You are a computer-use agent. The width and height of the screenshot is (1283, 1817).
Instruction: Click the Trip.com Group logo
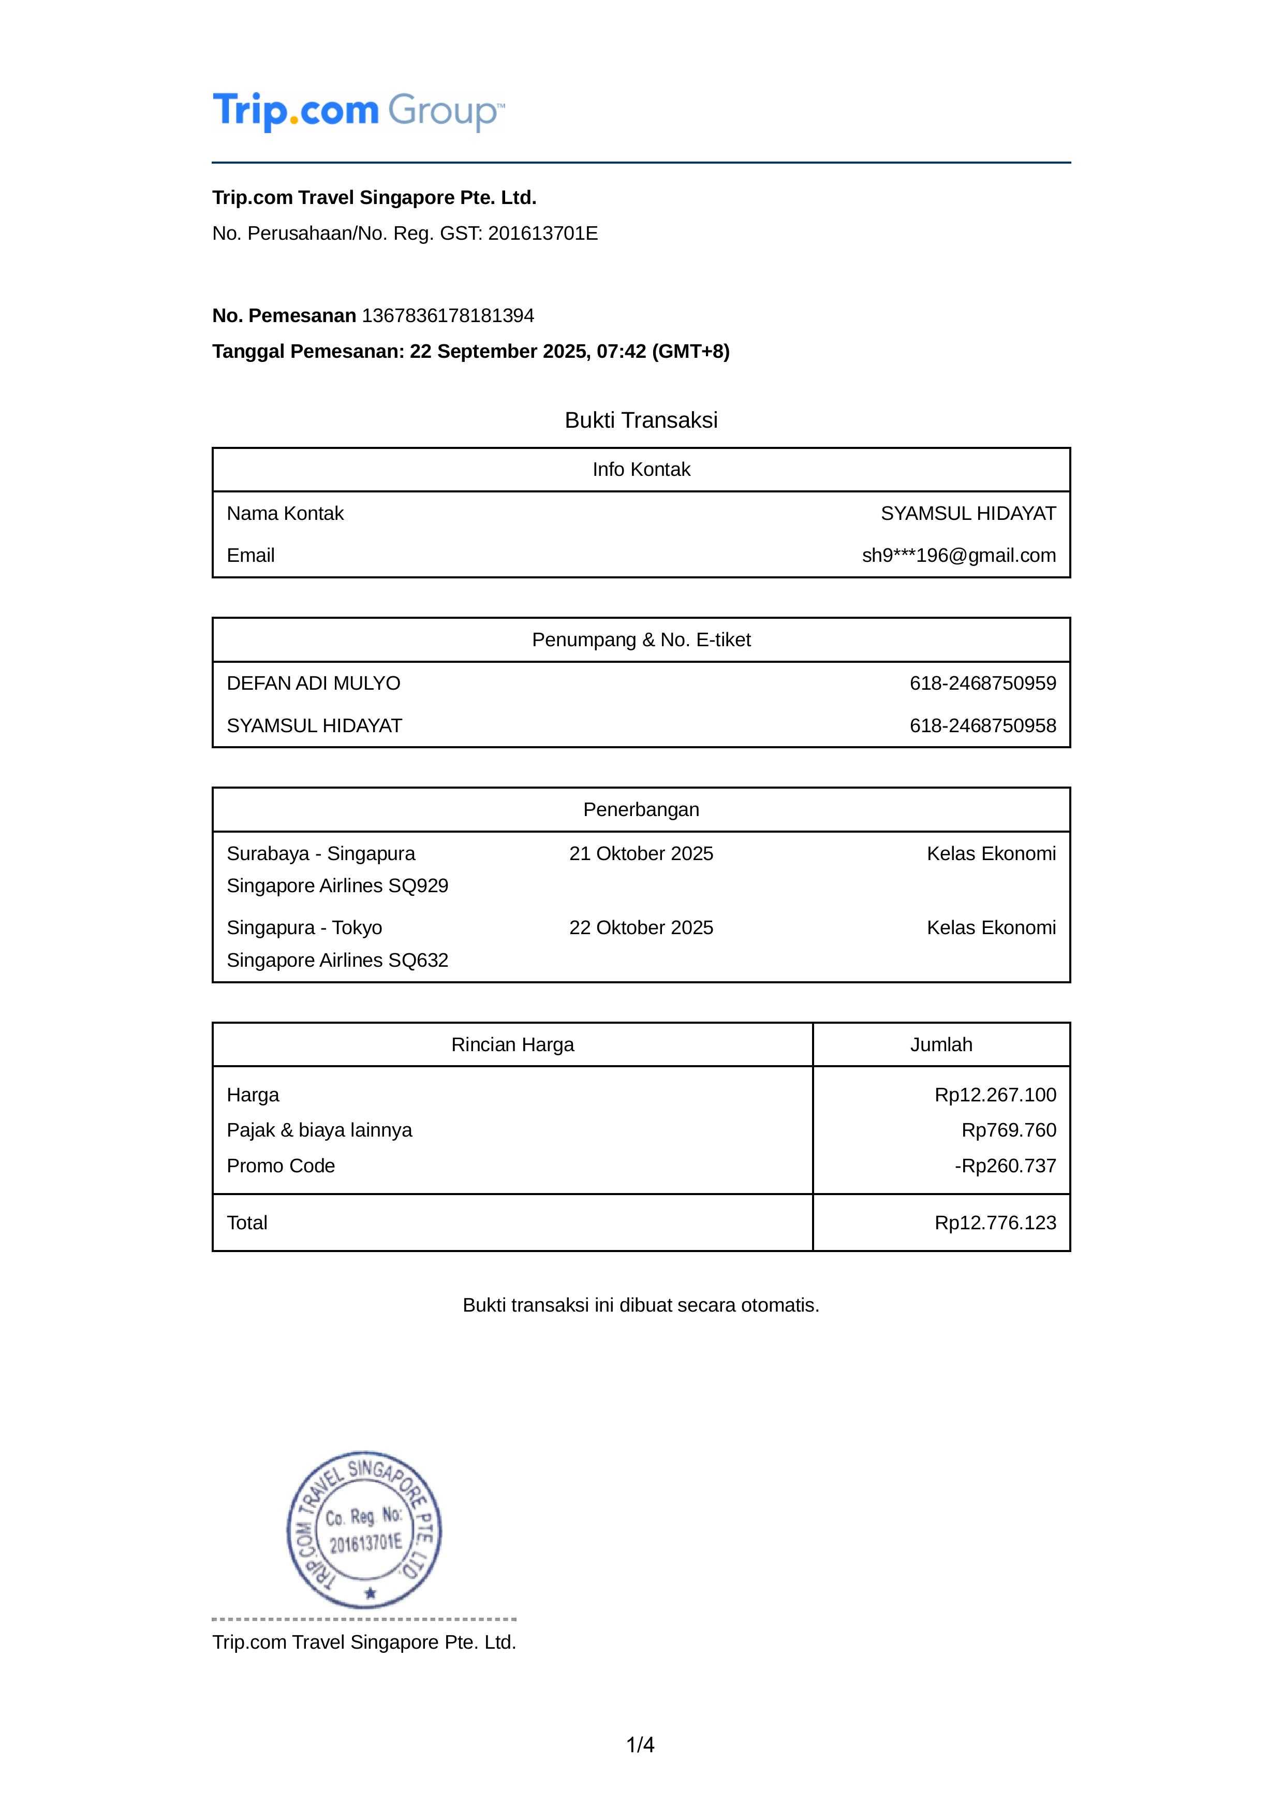(358, 111)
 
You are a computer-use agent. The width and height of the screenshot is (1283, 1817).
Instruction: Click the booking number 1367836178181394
(448, 316)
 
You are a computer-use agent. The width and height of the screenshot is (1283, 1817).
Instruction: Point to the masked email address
(958, 556)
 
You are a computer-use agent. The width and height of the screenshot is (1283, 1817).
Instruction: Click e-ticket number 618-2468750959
(982, 683)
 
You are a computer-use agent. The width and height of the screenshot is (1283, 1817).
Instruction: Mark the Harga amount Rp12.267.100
(995, 1095)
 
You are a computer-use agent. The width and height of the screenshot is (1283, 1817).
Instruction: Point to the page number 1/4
(641, 1745)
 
